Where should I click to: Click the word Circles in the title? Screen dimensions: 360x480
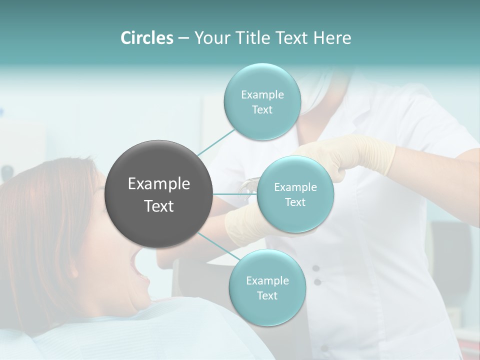[146, 38]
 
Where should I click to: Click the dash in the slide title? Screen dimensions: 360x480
[183, 38]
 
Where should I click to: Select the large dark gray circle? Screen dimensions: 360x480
[158, 194]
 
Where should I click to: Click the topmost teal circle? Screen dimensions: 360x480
[262, 102]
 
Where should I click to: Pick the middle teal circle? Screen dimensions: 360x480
[295, 194]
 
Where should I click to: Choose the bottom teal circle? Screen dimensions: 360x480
[267, 287]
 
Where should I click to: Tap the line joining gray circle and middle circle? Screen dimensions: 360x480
[234, 194]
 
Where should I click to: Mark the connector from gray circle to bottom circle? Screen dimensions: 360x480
[218, 248]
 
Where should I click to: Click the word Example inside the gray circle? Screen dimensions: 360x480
[158, 184]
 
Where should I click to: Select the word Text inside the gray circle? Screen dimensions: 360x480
[158, 206]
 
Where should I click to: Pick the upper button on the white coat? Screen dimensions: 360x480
[316, 268]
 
